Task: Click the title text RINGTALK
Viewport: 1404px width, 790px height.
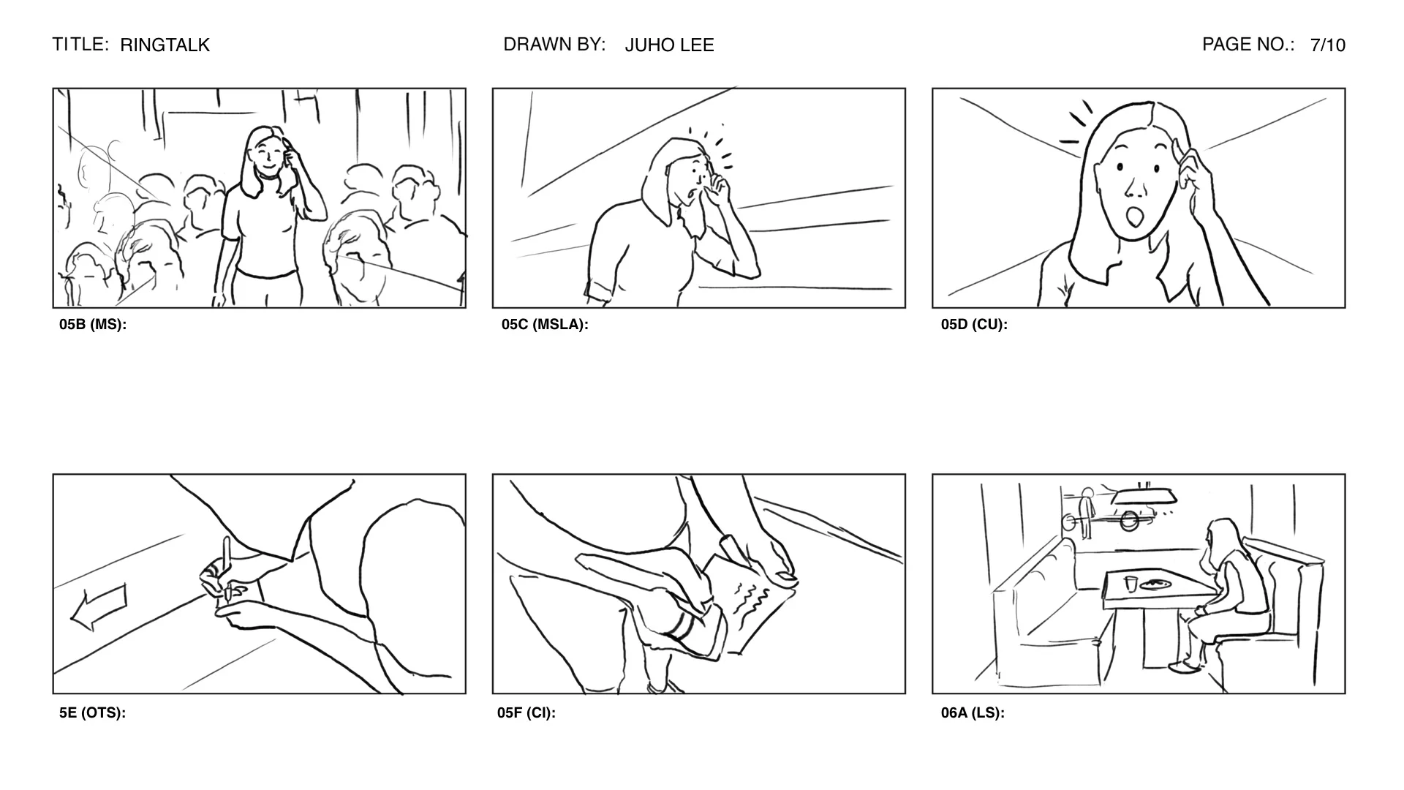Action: click(x=165, y=45)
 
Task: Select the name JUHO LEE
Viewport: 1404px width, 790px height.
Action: click(x=669, y=45)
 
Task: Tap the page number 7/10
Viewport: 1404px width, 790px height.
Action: click(x=1327, y=45)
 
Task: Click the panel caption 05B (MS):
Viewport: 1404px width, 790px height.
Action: click(x=93, y=325)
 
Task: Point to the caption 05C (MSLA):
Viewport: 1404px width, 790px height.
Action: click(x=545, y=325)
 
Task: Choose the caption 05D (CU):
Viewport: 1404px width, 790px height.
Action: click(x=974, y=325)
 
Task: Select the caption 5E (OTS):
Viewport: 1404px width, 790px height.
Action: click(x=92, y=712)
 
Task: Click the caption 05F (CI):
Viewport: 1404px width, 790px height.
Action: click(x=526, y=712)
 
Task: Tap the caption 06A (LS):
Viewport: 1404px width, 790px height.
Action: click(x=973, y=712)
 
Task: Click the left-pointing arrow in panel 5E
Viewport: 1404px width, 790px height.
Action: click(x=99, y=606)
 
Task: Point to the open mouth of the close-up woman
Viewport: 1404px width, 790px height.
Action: click(x=1135, y=217)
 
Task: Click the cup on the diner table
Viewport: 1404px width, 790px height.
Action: click(x=1131, y=583)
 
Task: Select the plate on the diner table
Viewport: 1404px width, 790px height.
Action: click(x=1156, y=584)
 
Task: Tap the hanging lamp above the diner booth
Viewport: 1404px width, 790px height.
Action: click(x=1144, y=497)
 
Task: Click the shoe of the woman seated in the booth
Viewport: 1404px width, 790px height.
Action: click(x=1185, y=666)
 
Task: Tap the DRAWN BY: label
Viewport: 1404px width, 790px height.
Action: click(x=554, y=45)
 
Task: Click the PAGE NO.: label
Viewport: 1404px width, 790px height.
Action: click(x=1248, y=45)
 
